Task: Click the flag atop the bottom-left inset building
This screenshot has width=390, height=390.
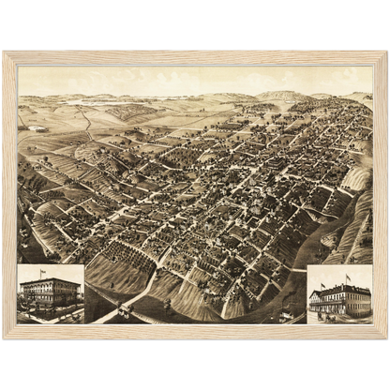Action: (42, 272)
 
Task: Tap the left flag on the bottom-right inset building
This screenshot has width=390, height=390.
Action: (328, 277)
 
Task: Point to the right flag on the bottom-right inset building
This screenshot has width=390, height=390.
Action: (348, 277)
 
